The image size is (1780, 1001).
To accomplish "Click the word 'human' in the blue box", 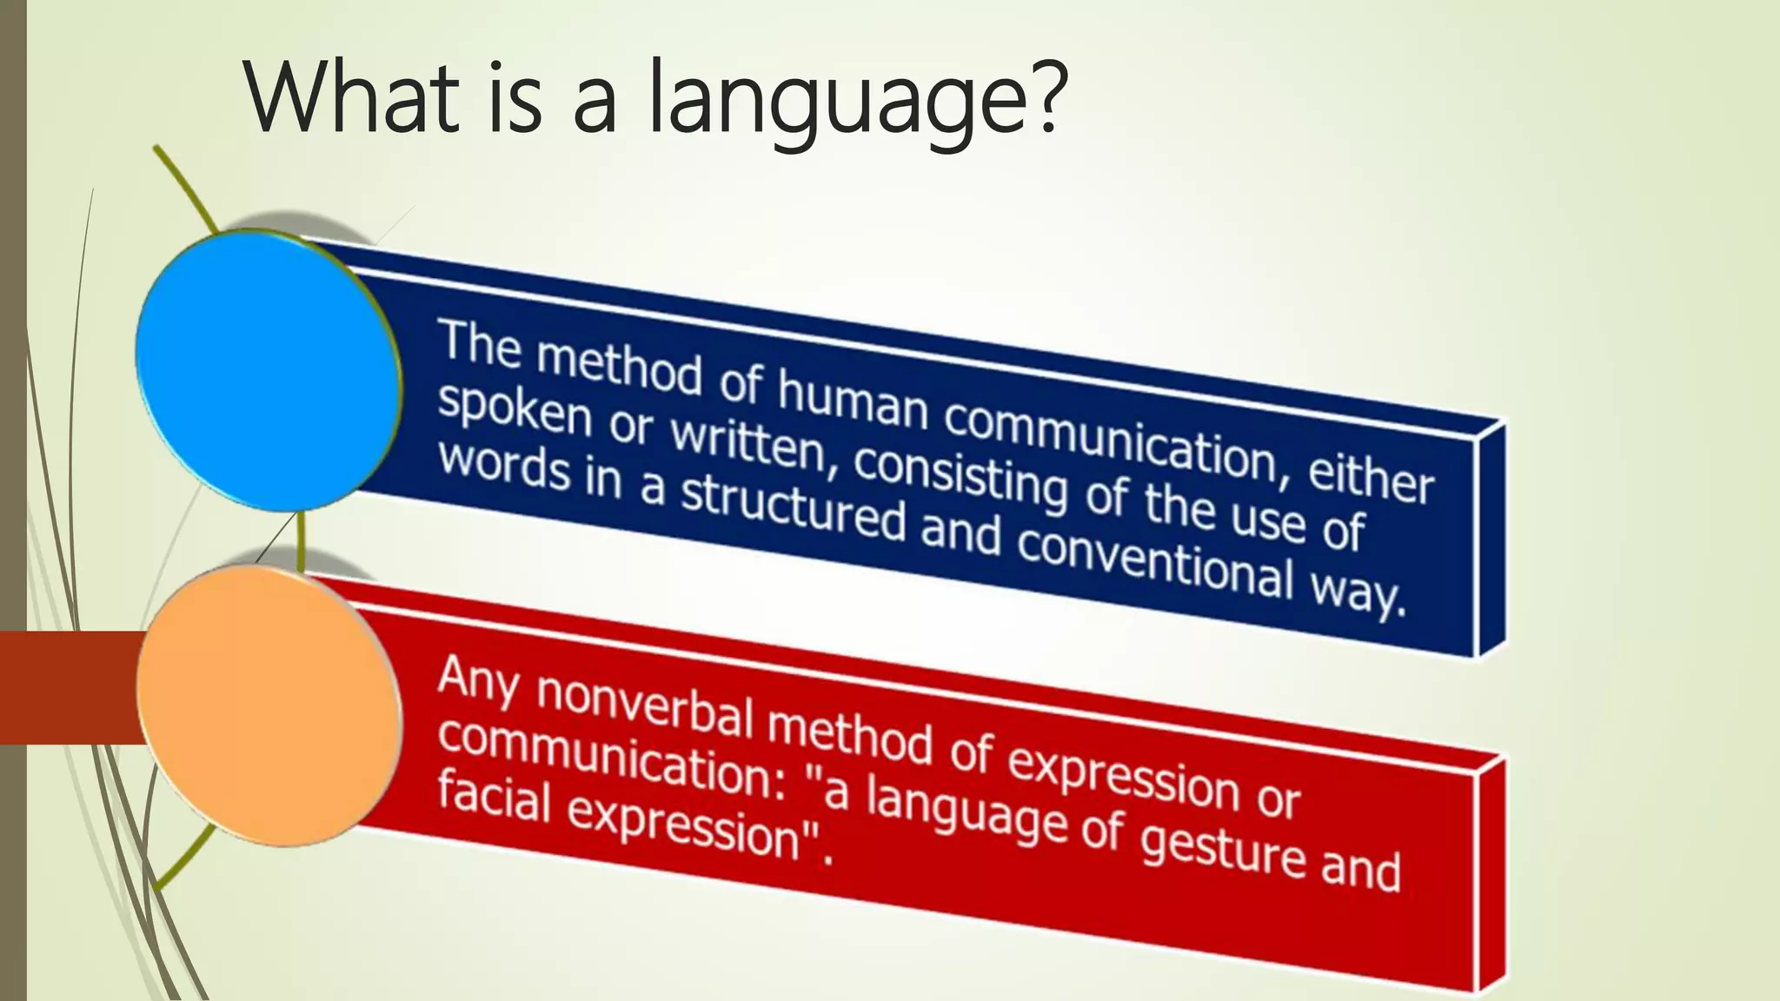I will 853,403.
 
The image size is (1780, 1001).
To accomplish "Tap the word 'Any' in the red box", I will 478,678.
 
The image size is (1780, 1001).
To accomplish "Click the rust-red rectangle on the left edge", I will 70,687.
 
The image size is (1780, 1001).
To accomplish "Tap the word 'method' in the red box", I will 849,735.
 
